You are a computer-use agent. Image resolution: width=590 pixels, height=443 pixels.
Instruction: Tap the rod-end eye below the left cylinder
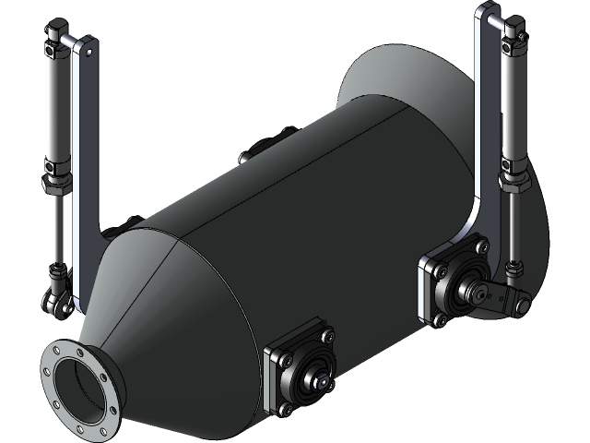(x=56, y=299)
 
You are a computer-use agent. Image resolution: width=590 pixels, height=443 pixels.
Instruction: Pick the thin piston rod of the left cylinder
(x=57, y=231)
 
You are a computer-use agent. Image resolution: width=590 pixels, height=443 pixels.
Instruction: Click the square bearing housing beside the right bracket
(x=452, y=281)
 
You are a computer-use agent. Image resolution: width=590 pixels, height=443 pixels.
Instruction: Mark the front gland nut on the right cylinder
(x=511, y=181)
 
